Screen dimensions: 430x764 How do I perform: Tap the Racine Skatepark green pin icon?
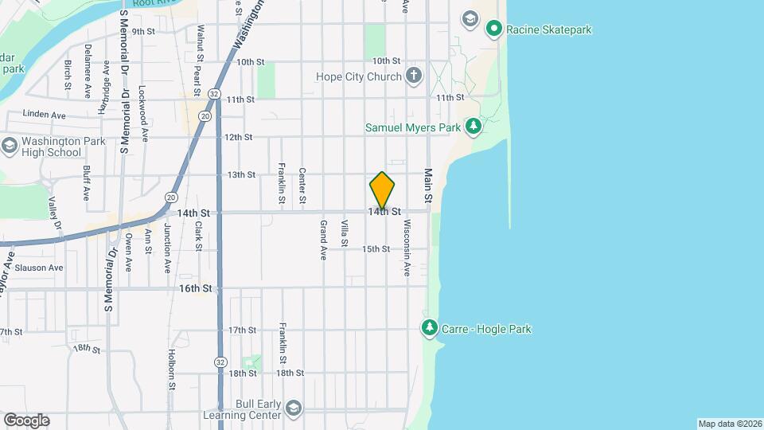[x=493, y=30]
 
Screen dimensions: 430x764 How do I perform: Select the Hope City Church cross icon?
[x=413, y=76]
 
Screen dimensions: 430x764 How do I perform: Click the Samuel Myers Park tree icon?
[x=474, y=127]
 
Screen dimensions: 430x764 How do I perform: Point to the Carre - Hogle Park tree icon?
[x=430, y=328]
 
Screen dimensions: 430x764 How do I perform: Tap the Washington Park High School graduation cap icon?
[x=10, y=146]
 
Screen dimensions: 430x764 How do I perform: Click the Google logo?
[x=26, y=420]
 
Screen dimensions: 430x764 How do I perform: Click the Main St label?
[x=428, y=185]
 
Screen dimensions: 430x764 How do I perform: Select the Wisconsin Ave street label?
[x=407, y=247]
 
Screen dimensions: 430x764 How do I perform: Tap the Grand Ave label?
[x=324, y=240]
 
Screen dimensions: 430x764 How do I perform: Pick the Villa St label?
[x=345, y=235]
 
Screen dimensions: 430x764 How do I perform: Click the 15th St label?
[x=376, y=249]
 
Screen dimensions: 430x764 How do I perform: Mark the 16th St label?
[x=195, y=287]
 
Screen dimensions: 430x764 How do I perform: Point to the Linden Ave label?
[x=45, y=115]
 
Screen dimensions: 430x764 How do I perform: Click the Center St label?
[x=302, y=185]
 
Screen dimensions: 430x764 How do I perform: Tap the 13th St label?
[x=241, y=174]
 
